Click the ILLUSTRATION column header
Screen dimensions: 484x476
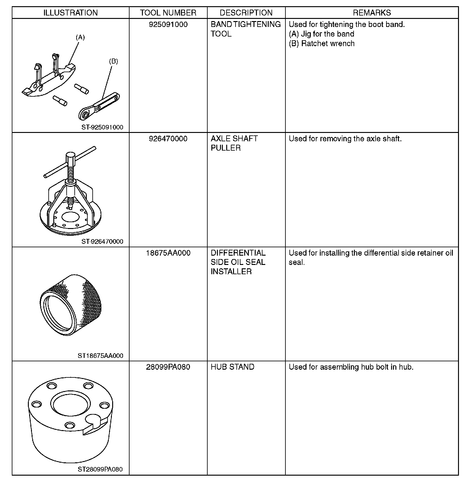70,13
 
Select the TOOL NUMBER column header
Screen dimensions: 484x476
168,13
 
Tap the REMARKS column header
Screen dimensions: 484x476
372,13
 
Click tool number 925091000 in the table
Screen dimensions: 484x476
168,24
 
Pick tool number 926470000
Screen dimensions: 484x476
168,139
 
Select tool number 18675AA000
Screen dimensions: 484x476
168,253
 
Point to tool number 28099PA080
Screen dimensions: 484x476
168,367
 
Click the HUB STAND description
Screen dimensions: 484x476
232,367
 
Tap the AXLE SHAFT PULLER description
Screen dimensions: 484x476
234,143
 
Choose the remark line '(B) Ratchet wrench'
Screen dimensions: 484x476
321,43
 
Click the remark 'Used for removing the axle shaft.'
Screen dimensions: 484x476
345,139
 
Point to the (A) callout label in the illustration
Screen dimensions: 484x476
80,37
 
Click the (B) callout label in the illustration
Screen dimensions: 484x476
113,61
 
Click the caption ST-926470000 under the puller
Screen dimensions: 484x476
102,241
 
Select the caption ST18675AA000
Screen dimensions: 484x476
100,356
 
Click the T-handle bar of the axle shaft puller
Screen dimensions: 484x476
70,162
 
